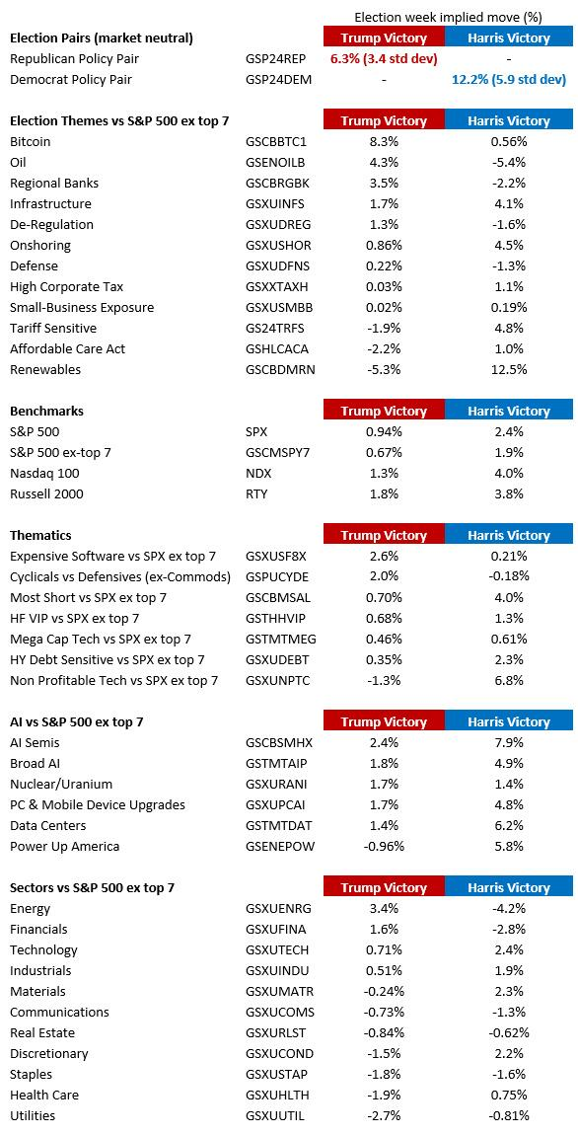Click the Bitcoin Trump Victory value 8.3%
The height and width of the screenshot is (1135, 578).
pyautogui.click(x=384, y=142)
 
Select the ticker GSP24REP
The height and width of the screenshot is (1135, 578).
pyautogui.click(x=278, y=58)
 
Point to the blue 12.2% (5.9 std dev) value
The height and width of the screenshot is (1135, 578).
pyautogui.click(x=509, y=80)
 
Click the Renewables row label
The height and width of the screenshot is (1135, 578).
pyautogui.click(x=45, y=370)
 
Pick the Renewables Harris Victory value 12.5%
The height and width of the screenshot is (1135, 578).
pyautogui.click(x=509, y=370)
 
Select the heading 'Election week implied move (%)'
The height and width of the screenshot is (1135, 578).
pyautogui.click(x=448, y=17)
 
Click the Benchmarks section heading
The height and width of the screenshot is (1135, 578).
pyautogui.click(x=46, y=412)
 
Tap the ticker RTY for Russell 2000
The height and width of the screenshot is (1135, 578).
pyautogui.click(x=256, y=494)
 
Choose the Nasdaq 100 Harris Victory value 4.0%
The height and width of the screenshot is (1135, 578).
pyautogui.click(x=509, y=474)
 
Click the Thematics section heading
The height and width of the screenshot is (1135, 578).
pyautogui.click(x=40, y=536)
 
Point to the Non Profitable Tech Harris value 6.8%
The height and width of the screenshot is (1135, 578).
pyautogui.click(x=509, y=680)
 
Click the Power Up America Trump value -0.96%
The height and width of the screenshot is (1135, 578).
pyautogui.click(x=384, y=846)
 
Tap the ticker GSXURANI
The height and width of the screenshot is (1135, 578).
pyautogui.click(x=277, y=784)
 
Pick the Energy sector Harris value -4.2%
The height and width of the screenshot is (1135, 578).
pyautogui.click(x=509, y=908)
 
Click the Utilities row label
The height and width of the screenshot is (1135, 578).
pyautogui.click(x=33, y=1115)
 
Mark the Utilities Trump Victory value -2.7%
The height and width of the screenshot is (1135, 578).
pyautogui.click(x=384, y=1115)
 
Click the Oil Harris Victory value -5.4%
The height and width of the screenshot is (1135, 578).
pyautogui.click(x=509, y=162)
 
